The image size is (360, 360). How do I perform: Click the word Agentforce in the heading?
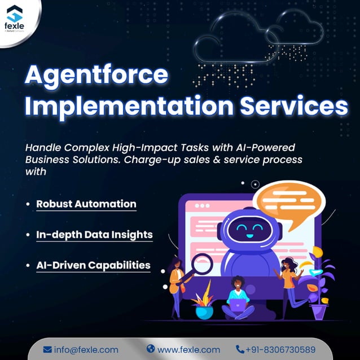[96, 76]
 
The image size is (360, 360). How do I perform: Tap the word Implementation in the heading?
[115, 107]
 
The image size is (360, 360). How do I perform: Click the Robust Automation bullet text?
[86, 204]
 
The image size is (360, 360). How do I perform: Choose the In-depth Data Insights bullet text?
[94, 234]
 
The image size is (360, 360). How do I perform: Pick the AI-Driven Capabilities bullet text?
[93, 265]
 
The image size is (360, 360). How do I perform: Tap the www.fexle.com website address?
[188, 349]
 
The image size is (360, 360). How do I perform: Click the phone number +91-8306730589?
[280, 349]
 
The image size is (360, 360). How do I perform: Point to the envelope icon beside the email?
[47, 349]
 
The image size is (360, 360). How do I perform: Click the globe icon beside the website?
[150, 349]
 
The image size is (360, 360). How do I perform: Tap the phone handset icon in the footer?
[240, 349]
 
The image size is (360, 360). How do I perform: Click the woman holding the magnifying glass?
[177, 285]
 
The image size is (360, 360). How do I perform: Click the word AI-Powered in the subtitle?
[264, 147]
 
